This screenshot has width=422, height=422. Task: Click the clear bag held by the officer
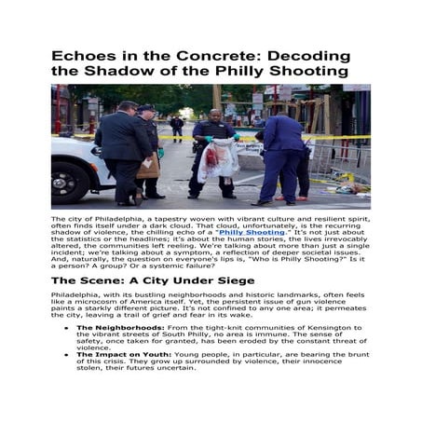(x=218, y=159)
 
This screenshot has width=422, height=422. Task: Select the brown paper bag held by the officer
(x=148, y=166)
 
